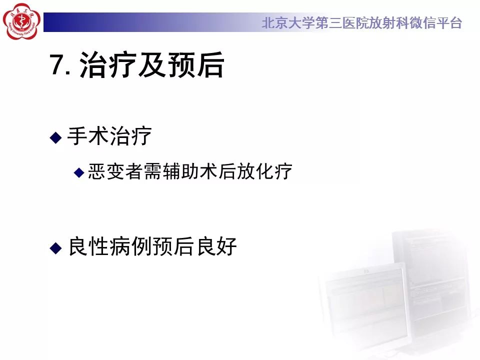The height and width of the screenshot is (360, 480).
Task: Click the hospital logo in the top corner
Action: pyautogui.click(x=21, y=21)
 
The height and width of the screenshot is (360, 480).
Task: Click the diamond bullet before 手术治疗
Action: pyautogui.click(x=55, y=137)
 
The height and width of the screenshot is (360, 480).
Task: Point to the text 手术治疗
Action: pyautogui.click(x=109, y=136)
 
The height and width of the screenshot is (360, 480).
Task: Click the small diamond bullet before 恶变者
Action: pyautogui.click(x=78, y=172)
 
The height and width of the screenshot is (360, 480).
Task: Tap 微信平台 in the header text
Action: pyautogui.click(x=439, y=23)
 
